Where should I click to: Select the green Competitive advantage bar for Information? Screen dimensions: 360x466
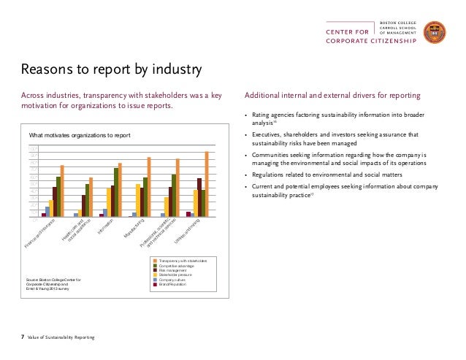tap(116, 192)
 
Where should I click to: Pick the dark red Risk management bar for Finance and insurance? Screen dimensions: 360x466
tap(54, 202)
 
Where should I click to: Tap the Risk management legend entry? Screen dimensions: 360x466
tap(172, 269)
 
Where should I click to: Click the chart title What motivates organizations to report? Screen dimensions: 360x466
tap(79, 136)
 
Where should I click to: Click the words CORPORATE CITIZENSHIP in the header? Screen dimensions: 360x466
tap(372, 41)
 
